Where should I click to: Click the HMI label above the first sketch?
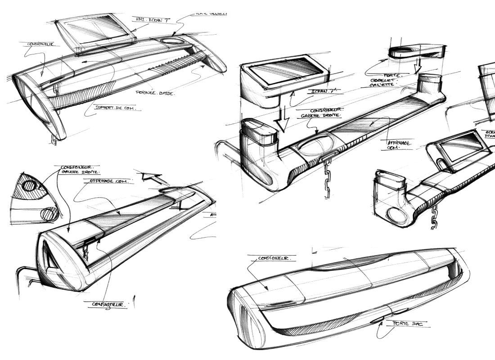point(147,20)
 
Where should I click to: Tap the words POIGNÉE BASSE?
point(155,93)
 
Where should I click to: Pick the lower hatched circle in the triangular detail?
point(49,214)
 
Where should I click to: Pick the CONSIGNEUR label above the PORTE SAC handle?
point(270,259)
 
